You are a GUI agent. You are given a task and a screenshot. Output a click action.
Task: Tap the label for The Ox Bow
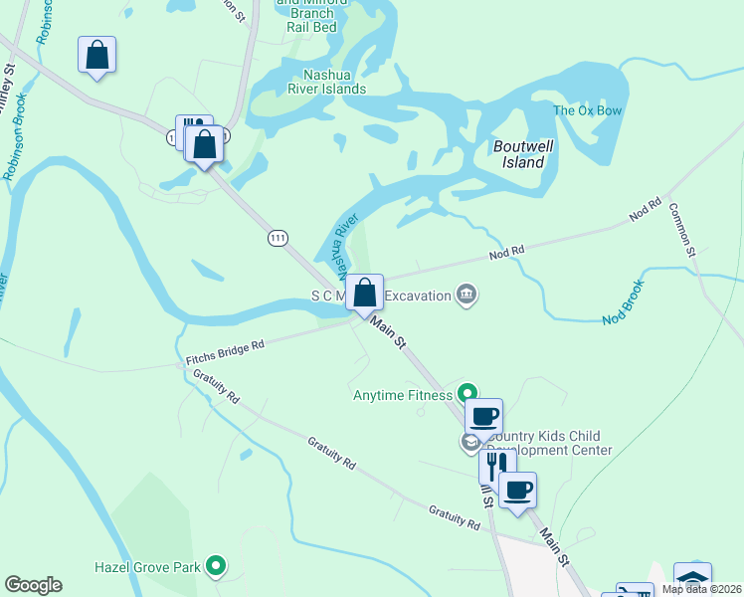(587, 110)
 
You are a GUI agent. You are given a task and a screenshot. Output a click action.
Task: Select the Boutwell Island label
(519, 154)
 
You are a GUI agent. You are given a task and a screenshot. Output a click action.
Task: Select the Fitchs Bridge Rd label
(225, 351)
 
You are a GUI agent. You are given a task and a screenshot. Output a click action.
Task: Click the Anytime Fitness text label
(403, 395)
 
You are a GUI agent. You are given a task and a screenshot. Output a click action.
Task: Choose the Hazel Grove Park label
(147, 567)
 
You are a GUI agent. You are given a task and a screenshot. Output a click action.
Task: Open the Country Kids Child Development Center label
(542, 443)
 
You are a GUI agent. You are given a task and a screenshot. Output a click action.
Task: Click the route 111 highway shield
(278, 237)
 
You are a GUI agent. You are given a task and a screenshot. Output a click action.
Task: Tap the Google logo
(33, 585)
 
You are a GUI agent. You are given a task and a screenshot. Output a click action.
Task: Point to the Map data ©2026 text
(702, 589)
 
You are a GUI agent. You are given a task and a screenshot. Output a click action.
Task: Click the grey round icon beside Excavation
(465, 294)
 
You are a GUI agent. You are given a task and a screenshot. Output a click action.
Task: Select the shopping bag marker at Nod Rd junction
(365, 294)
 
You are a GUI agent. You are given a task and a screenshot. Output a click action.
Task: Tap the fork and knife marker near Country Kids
(493, 465)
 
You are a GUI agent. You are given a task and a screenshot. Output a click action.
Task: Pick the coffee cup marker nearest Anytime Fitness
(483, 416)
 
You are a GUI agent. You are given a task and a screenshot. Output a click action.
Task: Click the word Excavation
(417, 296)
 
